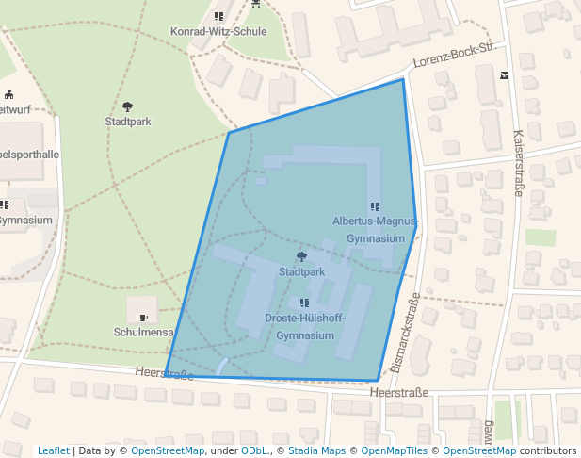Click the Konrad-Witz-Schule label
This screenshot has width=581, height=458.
[x=218, y=31]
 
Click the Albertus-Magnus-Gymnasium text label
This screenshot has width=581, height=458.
[x=375, y=229]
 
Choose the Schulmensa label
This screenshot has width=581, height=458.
[x=143, y=333]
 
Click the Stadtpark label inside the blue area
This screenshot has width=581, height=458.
[x=301, y=271]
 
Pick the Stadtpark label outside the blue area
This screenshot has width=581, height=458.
[x=128, y=122]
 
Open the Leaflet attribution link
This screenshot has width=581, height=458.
[x=53, y=451]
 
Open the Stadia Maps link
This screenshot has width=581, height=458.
[x=315, y=451]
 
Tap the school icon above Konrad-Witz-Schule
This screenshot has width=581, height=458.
[x=218, y=16]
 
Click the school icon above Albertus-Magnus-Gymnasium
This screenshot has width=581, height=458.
[x=375, y=206]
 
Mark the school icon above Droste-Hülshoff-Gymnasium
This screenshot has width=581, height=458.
[x=303, y=303]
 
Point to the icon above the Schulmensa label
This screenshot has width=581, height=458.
[x=143, y=318]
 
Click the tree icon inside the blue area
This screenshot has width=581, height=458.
[x=301, y=256]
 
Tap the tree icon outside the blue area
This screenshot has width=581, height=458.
[x=128, y=106]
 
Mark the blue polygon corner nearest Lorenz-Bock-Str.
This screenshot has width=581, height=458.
[x=403, y=79]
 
